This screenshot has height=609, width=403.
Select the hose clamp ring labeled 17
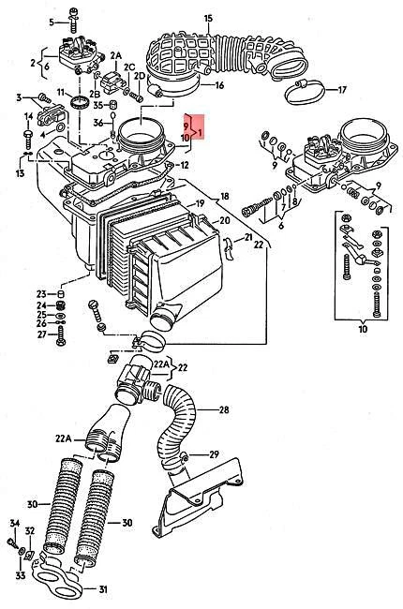pos(302,91)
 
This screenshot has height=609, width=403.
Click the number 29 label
pos(214,453)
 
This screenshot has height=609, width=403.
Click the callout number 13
pos(19,173)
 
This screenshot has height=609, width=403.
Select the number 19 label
pos(199,203)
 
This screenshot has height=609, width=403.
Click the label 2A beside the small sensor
pos(116,57)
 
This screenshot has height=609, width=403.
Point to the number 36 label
pos(98,121)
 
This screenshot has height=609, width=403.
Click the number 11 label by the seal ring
pos(59,93)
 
